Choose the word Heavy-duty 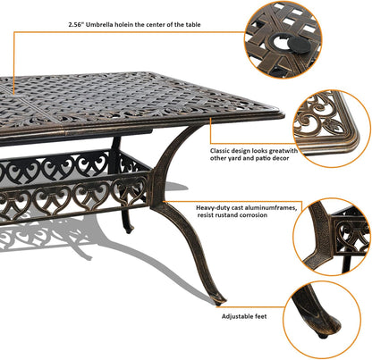coord(215,206)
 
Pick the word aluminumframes coord(276,206)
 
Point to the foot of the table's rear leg coord(131,230)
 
